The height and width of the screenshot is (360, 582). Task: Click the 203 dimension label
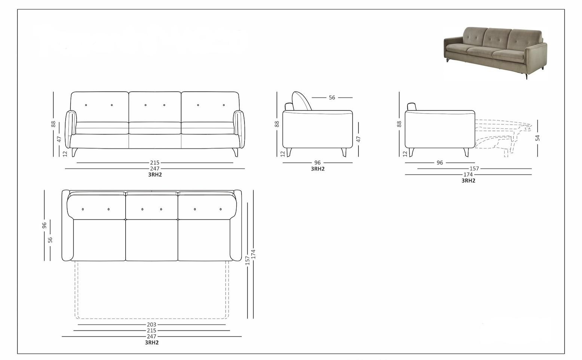coord(151,325)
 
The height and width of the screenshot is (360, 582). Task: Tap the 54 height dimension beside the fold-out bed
coord(537,138)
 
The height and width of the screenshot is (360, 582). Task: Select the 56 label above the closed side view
coord(332,98)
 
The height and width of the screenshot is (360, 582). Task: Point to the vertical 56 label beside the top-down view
coord(50,240)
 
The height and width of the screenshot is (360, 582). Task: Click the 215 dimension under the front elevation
coord(154,163)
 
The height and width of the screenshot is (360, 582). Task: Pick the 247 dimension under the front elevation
coord(154,169)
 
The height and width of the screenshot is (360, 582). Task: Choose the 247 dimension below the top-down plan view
coord(151,336)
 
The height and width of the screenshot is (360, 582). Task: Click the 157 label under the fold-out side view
coord(474,169)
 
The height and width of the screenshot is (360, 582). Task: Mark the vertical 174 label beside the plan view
coord(253,254)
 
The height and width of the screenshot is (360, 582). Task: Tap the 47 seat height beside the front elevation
coord(59,139)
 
